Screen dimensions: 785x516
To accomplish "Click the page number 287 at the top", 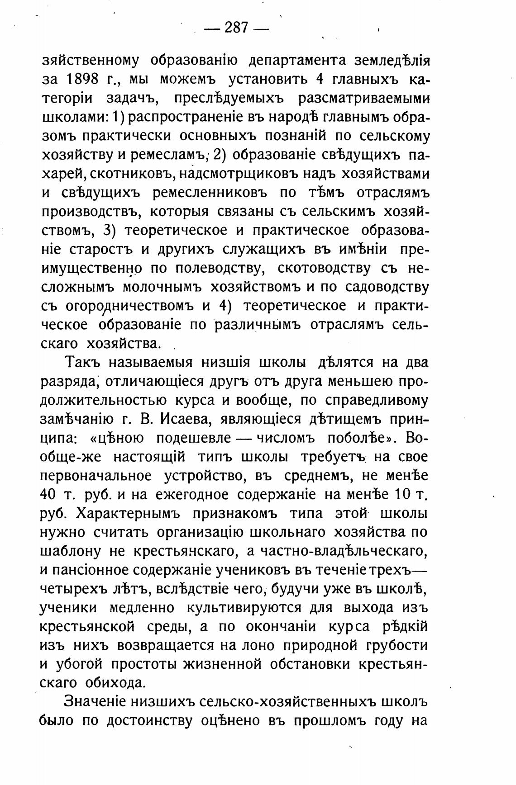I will coord(236,28).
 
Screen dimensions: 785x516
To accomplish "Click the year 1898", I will coord(83,80).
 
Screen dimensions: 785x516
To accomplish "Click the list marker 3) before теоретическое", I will coord(110,230).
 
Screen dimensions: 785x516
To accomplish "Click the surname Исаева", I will coord(184,419).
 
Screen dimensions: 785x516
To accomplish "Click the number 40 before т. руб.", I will coord(48,495).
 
